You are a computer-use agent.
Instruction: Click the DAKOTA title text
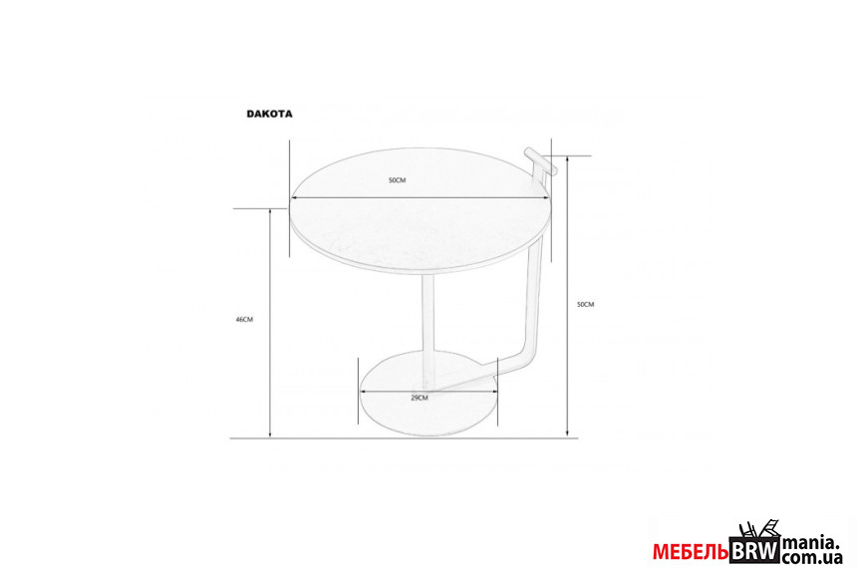pyautogui.click(x=269, y=114)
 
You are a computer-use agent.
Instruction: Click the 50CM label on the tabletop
pyautogui.click(x=398, y=180)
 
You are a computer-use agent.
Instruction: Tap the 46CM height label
pyautogui.click(x=244, y=320)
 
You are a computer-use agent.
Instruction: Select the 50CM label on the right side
pyautogui.click(x=585, y=305)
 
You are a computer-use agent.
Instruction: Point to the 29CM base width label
pyautogui.click(x=420, y=398)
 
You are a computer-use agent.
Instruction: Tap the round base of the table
pyautogui.click(x=429, y=394)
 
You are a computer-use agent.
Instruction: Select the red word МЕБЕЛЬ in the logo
pyautogui.click(x=691, y=553)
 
